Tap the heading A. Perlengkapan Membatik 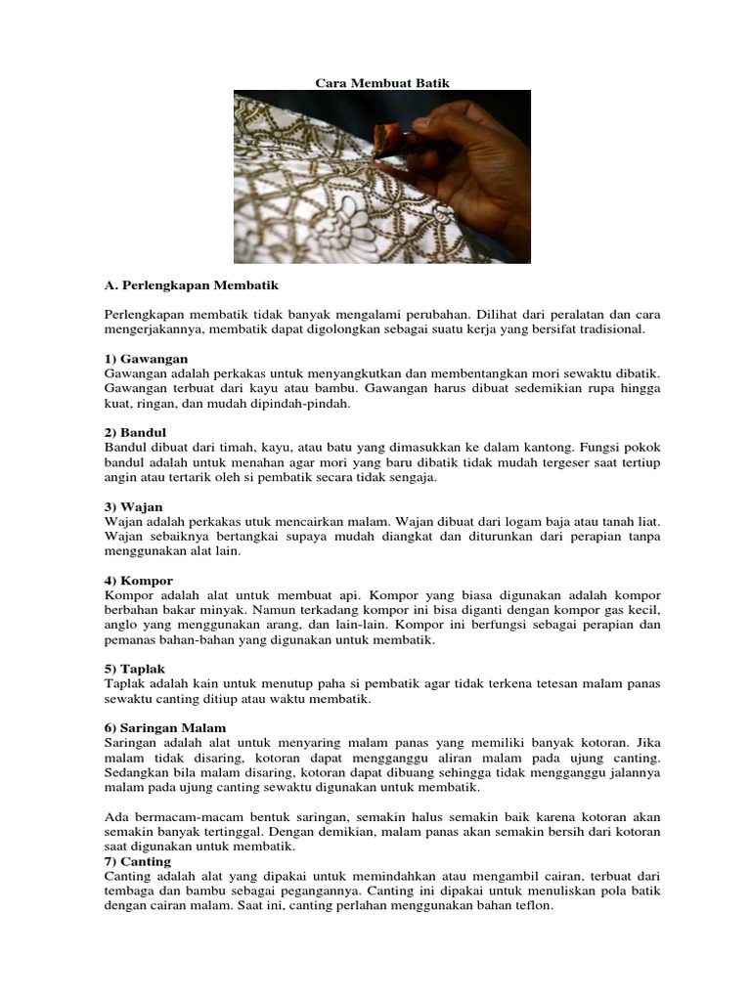(x=191, y=285)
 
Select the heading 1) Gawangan (x=146, y=359)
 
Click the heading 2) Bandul (x=136, y=432)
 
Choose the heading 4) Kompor (x=138, y=581)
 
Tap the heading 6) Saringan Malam (x=165, y=728)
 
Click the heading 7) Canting (x=138, y=861)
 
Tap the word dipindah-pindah (x=304, y=403)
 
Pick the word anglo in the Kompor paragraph (x=121, y=625)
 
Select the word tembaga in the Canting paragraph (x=127, y=891)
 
